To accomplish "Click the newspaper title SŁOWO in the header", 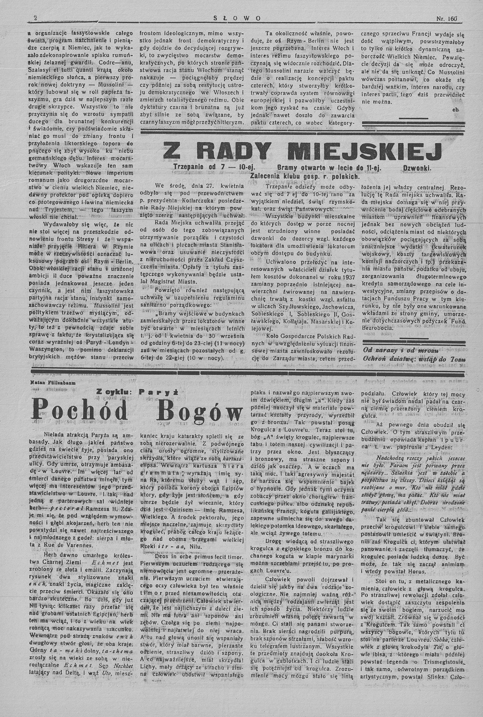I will (x=237, y=19).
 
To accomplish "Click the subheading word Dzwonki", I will (x=417, y=168).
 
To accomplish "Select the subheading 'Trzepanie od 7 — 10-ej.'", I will (x=211, y=168).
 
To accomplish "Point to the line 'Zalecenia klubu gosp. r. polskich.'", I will (x=305, y=176).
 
